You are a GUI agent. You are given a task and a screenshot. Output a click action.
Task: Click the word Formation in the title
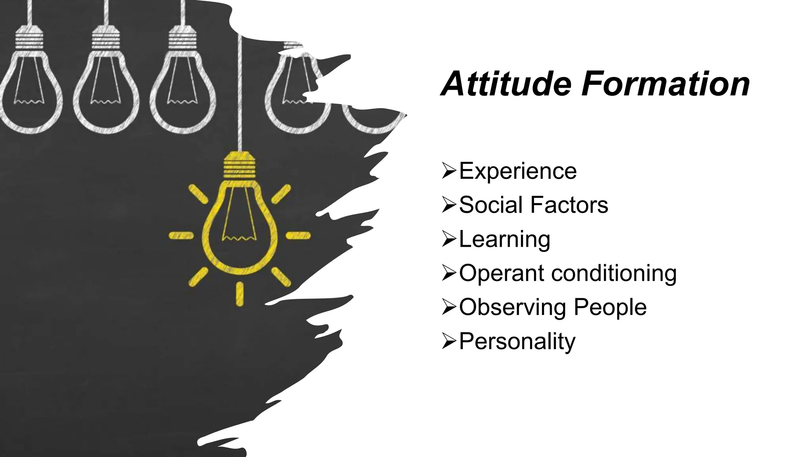pos(666,84)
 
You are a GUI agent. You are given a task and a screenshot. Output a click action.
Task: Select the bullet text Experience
pos(517,171)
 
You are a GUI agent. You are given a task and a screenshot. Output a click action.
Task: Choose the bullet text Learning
pos(504,240)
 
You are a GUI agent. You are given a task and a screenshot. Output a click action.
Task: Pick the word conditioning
pos(614,274)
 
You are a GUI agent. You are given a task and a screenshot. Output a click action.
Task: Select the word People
pos(610,307)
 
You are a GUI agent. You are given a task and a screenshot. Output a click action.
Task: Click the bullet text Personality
pos(517,342)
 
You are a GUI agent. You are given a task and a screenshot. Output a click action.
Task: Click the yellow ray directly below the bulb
pos(239,294)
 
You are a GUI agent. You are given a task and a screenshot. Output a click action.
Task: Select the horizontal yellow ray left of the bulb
pos(181,236)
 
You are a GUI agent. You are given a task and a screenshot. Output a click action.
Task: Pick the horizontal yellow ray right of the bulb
pos(298,236)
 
